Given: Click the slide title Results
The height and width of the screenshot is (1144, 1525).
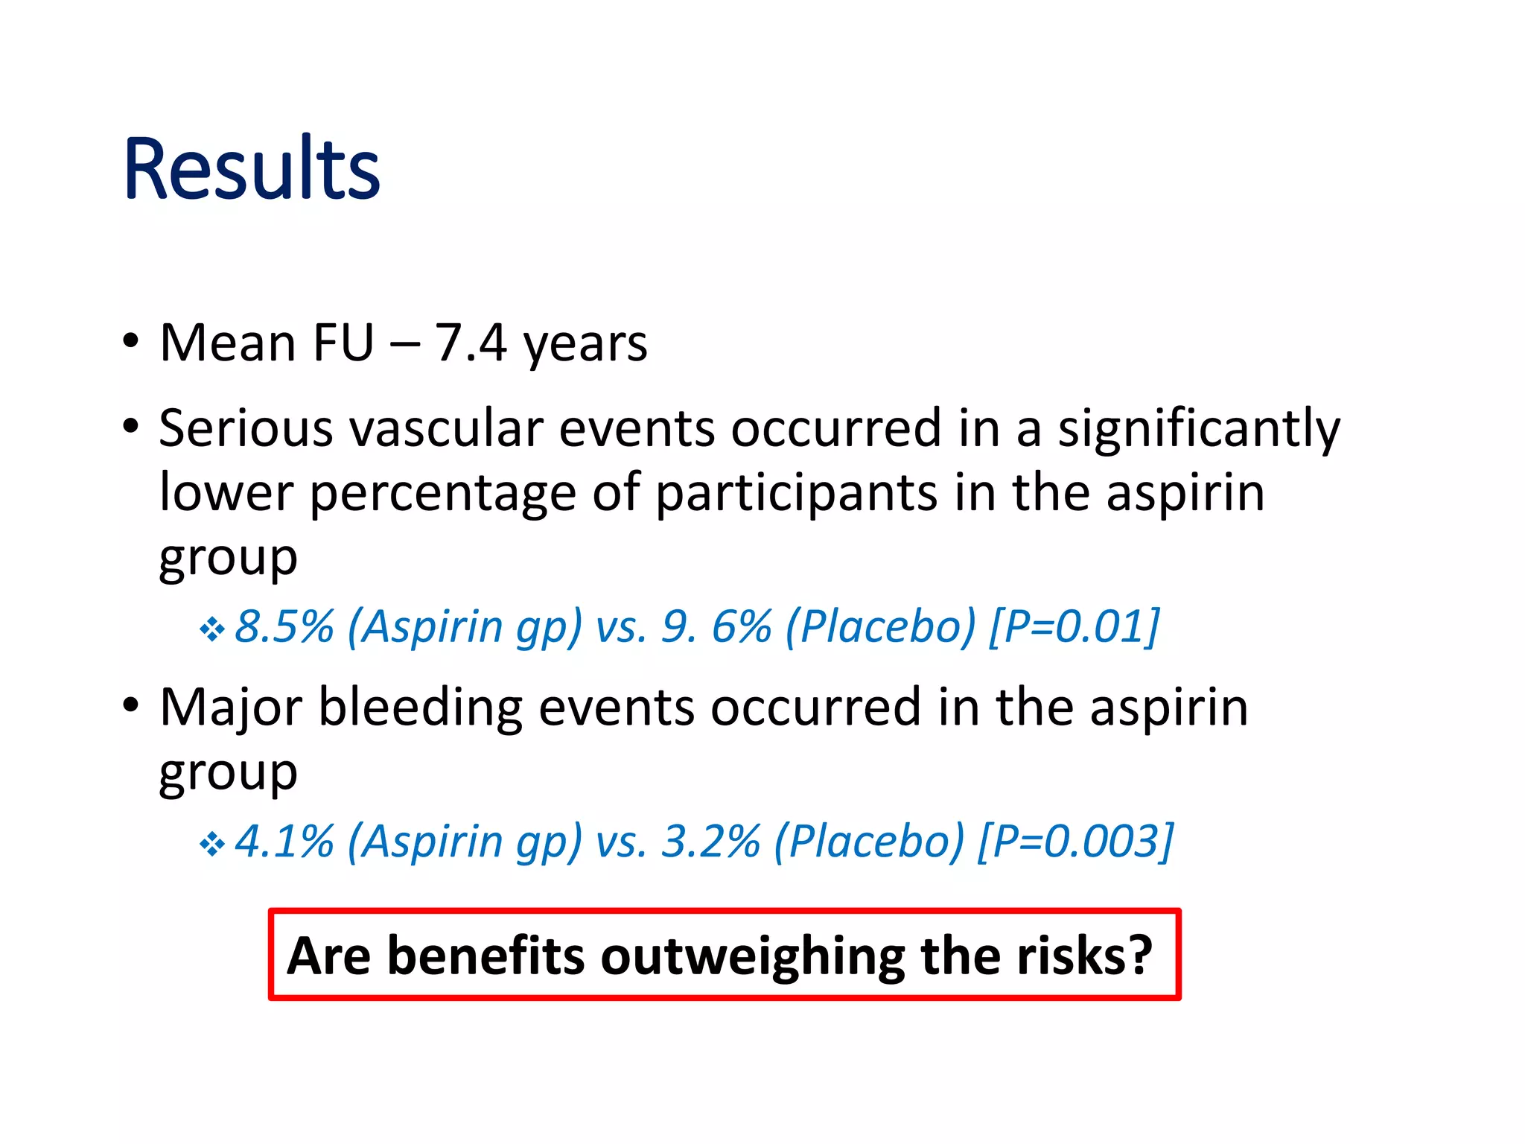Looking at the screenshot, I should pyautogui.click(x=252, y=169).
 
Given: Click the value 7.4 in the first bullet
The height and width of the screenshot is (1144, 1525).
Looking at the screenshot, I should pyautogui.click(x=471, y=343).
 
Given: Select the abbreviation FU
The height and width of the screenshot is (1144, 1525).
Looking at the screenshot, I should pyautogui.click(x=343, y=343).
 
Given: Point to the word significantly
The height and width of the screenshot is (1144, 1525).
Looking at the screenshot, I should pyautogui.click(x=1198, y=430).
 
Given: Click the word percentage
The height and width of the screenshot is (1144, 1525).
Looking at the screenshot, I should pyautogui.click(x=442, y=495).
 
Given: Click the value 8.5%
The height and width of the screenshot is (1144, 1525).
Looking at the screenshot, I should pyautogui.click(x=284, y=626).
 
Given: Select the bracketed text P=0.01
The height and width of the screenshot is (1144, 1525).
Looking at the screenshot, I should pyautogui.click(x=1074, y=626).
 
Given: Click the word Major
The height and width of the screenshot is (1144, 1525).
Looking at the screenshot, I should pyautogui.click(x=231, y=708).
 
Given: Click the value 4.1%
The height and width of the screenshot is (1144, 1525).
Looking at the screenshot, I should pyautogui.click(x=284, y=842).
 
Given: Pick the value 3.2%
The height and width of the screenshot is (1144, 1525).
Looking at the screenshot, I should pyautogui.click(x=711, y=842).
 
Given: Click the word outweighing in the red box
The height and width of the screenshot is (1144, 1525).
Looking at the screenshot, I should pyautogui.click(x=753, y=956).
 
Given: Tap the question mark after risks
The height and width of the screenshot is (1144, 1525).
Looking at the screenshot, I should pyautogui.click(x=1139, y=956).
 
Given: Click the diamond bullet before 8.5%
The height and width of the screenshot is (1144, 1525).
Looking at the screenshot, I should pyautogui.click(x=212, y=630).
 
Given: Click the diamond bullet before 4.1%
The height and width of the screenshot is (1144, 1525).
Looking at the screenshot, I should pyautogui.click(x=212, y=845).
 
